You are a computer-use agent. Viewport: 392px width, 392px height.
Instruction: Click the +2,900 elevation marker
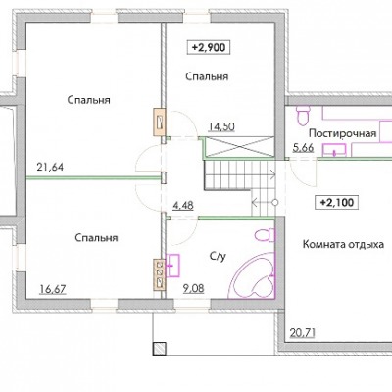209,47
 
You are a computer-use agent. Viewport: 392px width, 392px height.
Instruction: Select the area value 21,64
50,168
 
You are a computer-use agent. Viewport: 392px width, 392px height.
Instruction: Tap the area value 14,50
221,126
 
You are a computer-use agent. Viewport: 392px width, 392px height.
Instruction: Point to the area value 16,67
53,289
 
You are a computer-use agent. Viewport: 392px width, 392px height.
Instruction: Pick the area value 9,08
194,288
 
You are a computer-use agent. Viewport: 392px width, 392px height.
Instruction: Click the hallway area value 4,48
183,206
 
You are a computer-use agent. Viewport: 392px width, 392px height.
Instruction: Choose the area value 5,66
303,148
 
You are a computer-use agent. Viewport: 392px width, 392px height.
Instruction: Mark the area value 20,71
303,333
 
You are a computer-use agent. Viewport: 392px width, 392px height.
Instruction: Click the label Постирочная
343,133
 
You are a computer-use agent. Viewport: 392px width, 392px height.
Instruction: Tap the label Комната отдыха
343,244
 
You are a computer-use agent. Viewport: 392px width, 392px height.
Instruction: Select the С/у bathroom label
218,257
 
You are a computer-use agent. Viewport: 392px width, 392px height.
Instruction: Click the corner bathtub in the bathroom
252,276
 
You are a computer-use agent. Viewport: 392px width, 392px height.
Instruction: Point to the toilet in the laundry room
303,115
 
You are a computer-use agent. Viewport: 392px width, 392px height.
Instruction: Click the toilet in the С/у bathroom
265,235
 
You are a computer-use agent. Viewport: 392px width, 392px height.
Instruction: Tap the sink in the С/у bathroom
172,266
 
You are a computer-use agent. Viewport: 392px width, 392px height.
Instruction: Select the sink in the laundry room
334,150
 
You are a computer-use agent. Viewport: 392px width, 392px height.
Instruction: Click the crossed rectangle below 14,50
239,146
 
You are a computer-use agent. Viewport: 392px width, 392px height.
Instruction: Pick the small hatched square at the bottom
160,348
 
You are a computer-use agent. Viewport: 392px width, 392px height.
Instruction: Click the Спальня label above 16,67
96,238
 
